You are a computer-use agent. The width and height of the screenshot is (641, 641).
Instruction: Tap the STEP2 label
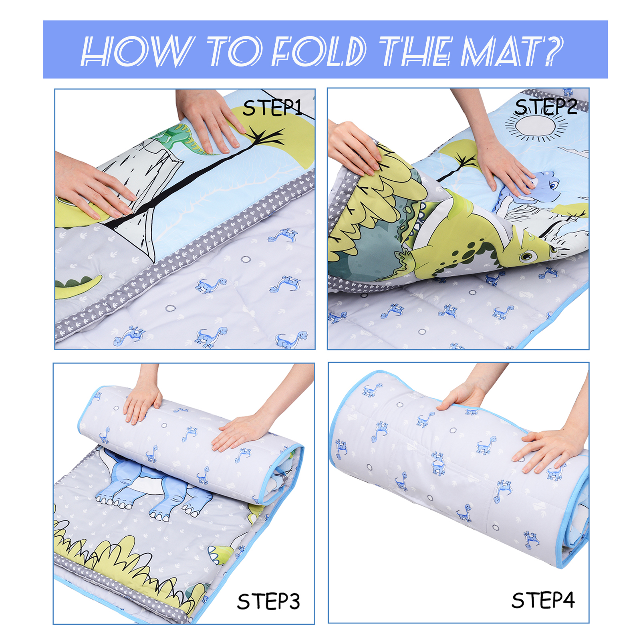click(x=546, y=107)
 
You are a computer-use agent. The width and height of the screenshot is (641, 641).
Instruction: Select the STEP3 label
click(x=268, y=601)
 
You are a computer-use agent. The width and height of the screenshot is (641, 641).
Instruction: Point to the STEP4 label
click(x=543, y=600)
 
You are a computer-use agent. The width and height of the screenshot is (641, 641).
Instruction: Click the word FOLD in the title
click(x=319, y=51)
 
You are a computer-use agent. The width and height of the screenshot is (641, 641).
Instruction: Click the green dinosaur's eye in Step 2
click(x=527, y=255)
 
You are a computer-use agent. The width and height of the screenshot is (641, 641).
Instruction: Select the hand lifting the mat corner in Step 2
click(x=355, y=148)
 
